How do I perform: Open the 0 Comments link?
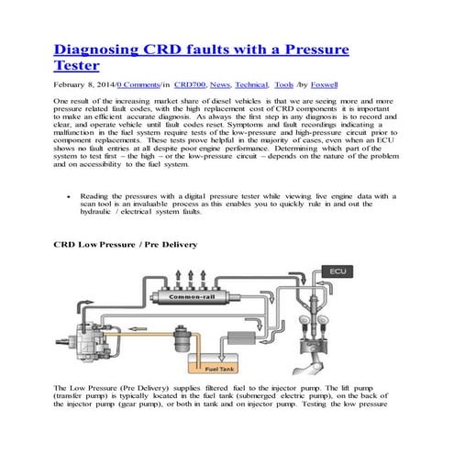(141, 83)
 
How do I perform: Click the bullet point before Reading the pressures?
(71, 196)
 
